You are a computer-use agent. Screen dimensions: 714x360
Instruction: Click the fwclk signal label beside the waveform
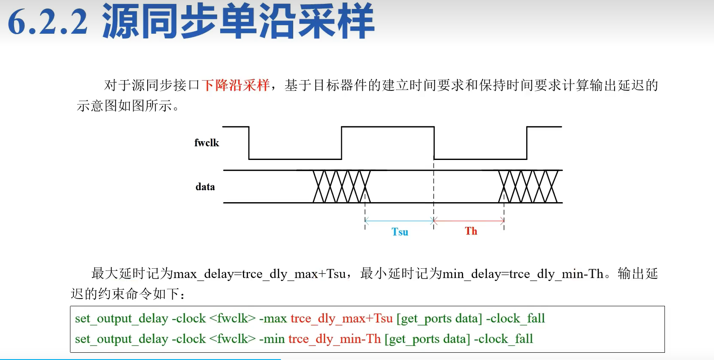pyautogui.click(x=207, y=143)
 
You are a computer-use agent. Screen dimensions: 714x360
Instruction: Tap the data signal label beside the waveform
pyautogui.click(x=205, y=187)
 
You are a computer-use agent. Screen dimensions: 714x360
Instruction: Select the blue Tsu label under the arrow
pyautogui.click(x=400, y=232)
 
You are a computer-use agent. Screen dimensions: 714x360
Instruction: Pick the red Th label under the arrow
pyautogui.click(x=471, y=231)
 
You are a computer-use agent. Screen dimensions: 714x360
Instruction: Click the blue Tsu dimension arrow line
pyautogui.click(x=399, y=221)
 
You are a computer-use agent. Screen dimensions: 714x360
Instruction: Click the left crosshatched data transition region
pyautogui.click(x=341, y=186)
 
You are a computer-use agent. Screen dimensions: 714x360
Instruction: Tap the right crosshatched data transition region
pyautogui.click(x=528, y=186)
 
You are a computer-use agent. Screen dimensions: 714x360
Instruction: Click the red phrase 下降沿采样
pyautogui.click(x=236, y=85)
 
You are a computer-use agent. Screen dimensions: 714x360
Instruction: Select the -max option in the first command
pyautogui.click(x=273, y=318)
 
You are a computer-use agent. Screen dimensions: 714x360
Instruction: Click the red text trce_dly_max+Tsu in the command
pyautogui.click(x=341, y=318)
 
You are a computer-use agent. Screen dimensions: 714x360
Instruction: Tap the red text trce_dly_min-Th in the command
pyautogui.click(x=335, y=339)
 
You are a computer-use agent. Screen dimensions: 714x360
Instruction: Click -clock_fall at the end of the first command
pyautogui.click(x=516, y=318)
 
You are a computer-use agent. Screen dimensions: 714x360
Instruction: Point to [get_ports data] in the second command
pyautogui.click(x=427, y=339)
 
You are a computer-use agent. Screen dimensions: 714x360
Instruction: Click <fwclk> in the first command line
pyautogui.click(x=233, y=318)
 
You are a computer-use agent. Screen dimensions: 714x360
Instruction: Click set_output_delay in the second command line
pyautogui.click(x=121, y=339)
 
